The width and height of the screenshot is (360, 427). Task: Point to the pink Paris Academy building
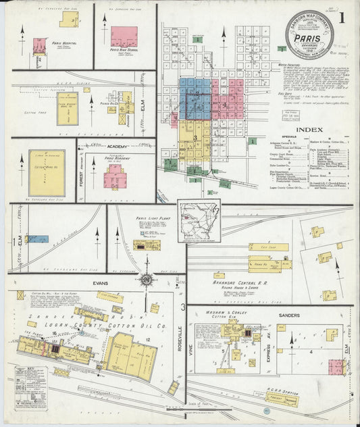[113, 177]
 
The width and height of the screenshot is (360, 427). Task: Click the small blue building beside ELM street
[38, 238]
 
